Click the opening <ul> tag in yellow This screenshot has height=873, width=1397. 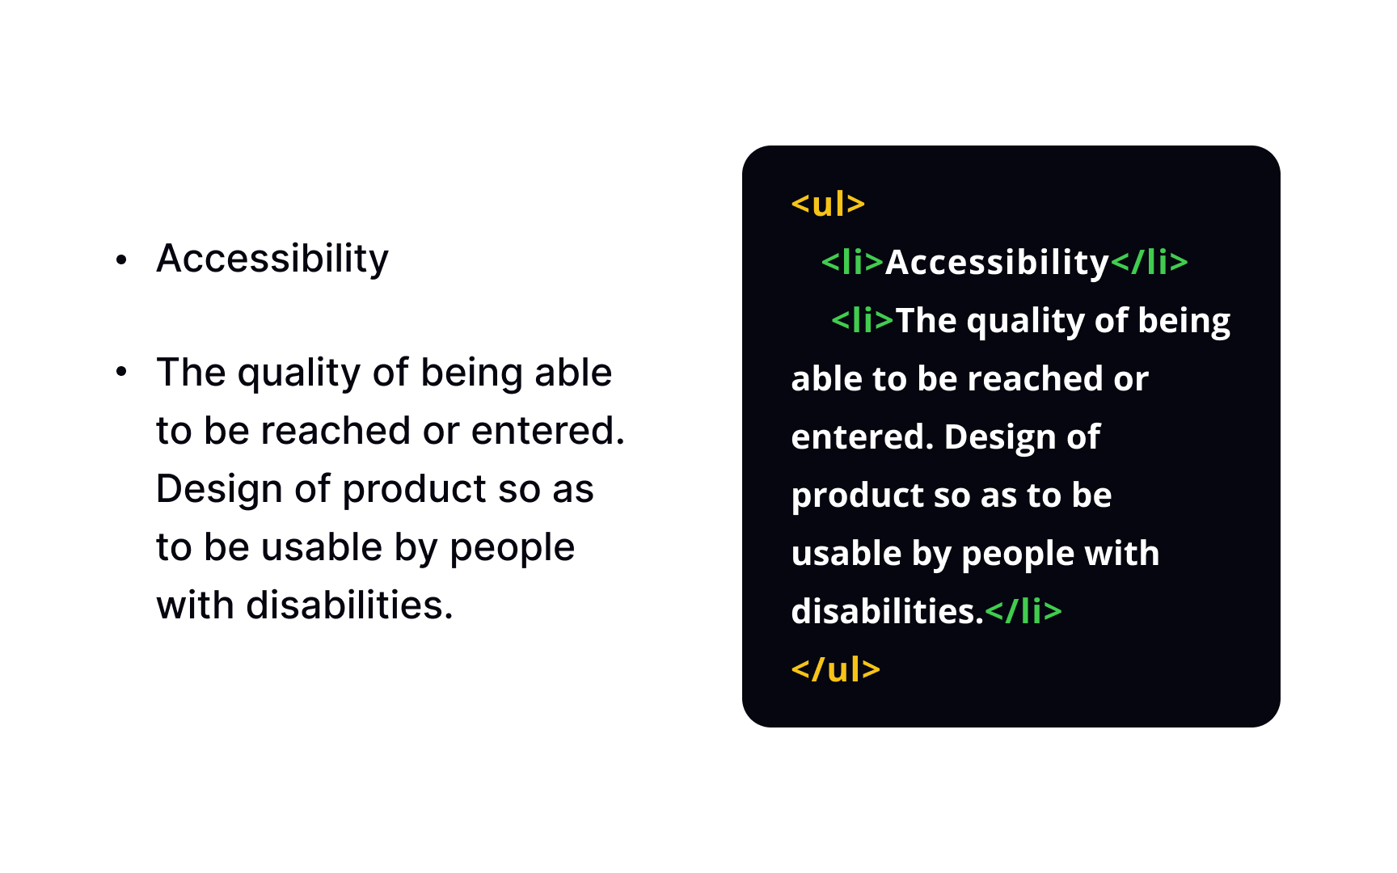828,204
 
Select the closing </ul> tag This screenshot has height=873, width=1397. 835,669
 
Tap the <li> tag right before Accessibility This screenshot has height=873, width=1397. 852,262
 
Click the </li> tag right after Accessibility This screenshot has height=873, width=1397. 1149,262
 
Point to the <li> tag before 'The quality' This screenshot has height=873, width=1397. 862,320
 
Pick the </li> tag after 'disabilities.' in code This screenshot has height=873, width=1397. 1023,611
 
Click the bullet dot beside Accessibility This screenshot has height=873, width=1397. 121,259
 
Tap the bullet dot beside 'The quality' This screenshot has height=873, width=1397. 121,372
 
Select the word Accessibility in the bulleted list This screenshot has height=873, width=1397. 272,259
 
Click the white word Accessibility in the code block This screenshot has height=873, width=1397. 997,262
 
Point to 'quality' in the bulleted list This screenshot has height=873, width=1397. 299,373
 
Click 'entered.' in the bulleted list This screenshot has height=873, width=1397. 548,430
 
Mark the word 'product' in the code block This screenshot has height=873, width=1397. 856,496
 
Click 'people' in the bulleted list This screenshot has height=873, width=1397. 512,548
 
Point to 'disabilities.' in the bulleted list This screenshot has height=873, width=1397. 349,605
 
